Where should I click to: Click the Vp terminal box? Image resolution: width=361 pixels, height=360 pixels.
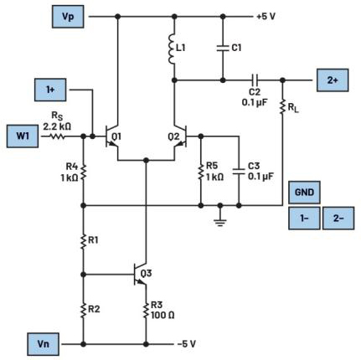[x=68, y=17]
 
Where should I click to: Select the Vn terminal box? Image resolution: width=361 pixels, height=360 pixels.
[x=43, y=344]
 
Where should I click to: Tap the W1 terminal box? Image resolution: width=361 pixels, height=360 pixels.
[x=23, y=136]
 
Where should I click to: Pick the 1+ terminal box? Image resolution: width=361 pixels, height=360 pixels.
[x=50, y=90]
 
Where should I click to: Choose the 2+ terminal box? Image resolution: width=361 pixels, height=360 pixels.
[x=333, y=80]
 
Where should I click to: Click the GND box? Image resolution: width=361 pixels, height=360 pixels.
[x=304, y=193]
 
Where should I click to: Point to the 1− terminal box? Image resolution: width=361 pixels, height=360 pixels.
[x=304, y=219]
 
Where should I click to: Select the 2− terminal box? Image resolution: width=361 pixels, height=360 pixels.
[x=338, y=219]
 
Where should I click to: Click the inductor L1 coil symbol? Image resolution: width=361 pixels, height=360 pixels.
[x=172, y=49]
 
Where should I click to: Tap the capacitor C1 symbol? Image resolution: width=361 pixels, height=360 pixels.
[x=223, y=48]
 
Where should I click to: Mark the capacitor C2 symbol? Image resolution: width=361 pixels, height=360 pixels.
[x=255, y=80]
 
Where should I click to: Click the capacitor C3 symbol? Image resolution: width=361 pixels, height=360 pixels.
[x=239, y=171]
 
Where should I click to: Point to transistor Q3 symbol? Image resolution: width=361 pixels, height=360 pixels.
[x=140, y=275]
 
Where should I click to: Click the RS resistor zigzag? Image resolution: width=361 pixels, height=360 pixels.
[x=57, y=136]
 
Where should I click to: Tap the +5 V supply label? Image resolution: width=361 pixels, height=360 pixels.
[x=266, y=17]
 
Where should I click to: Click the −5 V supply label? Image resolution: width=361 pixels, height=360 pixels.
[x=187, y=344]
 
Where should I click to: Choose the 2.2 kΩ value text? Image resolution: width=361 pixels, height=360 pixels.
[x=57, y=126]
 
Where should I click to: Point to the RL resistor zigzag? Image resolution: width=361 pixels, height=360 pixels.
[x=282, y=106]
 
